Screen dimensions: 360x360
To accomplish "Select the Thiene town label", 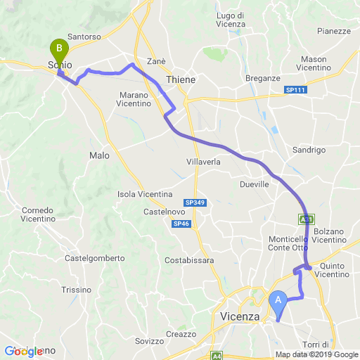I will tap(200, 80).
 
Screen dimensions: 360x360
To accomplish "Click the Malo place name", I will tap(99, 155).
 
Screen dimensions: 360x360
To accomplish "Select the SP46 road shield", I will tap(180, 224).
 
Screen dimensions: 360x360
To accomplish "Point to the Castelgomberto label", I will tap(94, 258).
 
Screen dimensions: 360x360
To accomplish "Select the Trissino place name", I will tap(77, 290).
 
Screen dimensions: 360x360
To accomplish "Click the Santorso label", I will tap(86, 36).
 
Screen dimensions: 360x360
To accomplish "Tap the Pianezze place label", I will tap(334, 31).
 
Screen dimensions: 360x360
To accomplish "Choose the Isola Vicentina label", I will tap(146, 194).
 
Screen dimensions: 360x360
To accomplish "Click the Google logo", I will tap(22, 351).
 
